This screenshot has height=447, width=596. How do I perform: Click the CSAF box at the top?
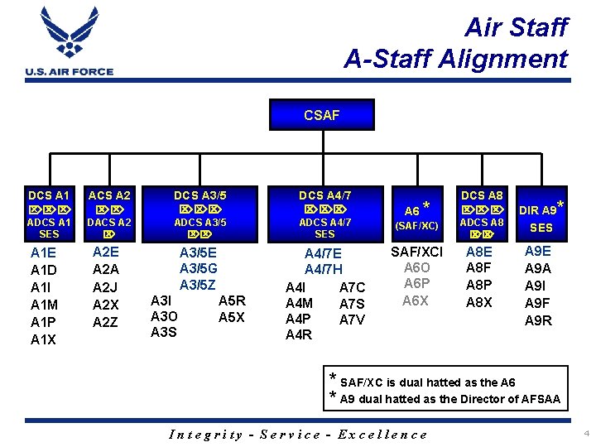321,115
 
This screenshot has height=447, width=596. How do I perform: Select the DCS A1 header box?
50,195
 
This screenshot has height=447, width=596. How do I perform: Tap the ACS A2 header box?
110,195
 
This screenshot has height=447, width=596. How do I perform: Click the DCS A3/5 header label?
199,195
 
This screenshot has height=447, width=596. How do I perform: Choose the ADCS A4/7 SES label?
324,228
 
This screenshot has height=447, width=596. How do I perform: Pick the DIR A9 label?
540,209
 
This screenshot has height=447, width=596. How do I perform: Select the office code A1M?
44,305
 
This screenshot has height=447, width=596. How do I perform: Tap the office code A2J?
106,287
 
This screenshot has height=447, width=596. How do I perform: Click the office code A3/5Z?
198,286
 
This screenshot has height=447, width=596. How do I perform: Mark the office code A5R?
231,300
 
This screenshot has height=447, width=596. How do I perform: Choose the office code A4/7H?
323,270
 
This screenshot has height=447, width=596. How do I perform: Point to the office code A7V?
352,320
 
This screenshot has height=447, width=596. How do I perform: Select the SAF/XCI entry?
416,252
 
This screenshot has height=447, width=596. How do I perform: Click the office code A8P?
479,286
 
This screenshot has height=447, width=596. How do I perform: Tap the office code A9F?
538,303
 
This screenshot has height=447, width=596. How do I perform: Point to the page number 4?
585,433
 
